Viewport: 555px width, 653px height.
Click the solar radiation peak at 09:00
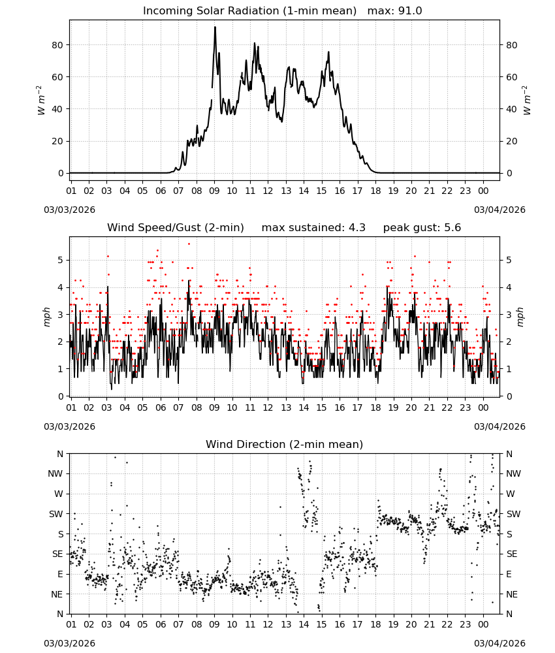215,27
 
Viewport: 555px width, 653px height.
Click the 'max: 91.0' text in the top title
394,11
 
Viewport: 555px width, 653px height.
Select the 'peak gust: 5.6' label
422,228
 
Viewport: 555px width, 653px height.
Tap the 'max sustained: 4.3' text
313,228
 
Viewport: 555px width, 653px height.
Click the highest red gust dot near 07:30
189,244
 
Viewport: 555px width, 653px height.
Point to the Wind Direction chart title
285,444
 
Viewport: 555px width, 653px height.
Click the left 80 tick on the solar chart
57,45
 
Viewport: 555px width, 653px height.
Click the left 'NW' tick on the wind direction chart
55,474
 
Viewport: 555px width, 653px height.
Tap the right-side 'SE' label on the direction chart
512,554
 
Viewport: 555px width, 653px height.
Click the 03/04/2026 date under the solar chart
499,210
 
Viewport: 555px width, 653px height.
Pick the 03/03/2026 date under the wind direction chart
69,643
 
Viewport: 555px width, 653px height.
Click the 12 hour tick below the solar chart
268,191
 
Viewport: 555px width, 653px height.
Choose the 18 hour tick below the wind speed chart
375,407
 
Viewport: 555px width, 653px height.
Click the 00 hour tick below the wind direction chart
483,625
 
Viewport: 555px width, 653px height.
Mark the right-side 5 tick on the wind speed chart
509,261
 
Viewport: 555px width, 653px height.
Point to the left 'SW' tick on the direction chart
56,514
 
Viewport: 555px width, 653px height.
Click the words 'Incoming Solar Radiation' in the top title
211,11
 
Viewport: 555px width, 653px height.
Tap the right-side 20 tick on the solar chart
512,141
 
